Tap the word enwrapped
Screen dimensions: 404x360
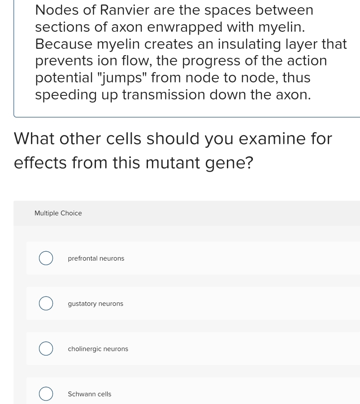(185, 27)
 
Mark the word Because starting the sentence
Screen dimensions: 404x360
(64, 44)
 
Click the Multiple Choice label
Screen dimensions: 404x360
(58, 213)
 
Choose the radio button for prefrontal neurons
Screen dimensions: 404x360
(46, 258)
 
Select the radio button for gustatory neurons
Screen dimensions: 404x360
(46, 304)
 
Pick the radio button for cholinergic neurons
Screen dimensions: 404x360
(46, 349)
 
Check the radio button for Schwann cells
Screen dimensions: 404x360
(46, 394)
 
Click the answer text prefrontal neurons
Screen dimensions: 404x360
(96, 258)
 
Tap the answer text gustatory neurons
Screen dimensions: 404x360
(95, 304)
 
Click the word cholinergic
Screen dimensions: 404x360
(85, 349)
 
